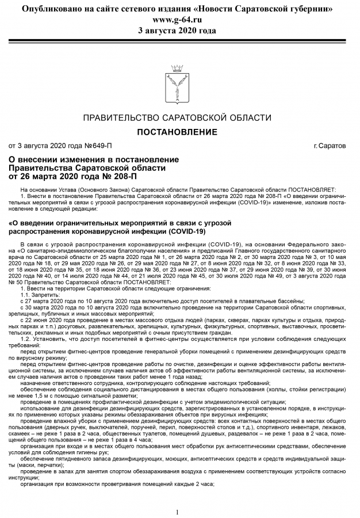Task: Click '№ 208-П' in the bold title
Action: coord(116,176)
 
